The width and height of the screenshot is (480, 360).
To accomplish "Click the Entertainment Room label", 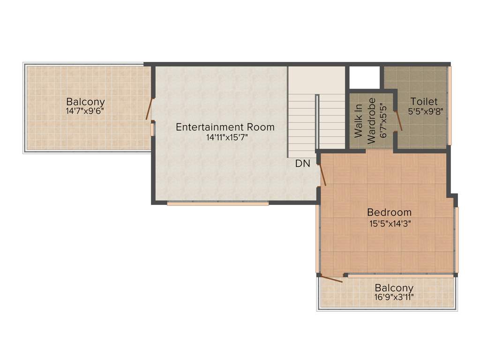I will tap(225, 127).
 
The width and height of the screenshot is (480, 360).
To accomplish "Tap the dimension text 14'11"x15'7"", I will tap(225, 137).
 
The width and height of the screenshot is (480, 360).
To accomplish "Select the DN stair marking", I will tap(302, 164).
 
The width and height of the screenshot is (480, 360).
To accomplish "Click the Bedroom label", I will tap(389, 212).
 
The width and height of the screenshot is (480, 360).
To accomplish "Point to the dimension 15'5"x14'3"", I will tap(389, 223).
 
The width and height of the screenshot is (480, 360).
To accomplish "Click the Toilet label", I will tap(424, 101).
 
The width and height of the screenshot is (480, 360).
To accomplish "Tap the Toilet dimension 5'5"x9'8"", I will tap(425, 112).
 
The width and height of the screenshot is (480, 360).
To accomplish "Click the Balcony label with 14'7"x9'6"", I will tap(85, 101).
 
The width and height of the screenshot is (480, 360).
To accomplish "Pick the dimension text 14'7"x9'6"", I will tap(85, 112).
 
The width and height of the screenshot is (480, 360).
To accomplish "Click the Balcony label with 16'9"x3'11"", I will tap(394, 288).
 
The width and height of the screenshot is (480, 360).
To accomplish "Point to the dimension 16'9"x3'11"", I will tap(394, 297).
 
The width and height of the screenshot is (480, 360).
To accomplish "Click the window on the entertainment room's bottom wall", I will tap(217, 203).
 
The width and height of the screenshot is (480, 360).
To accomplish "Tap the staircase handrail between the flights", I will tap(317, 122).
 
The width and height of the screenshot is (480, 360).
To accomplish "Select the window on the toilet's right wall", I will tap(450, 105).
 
